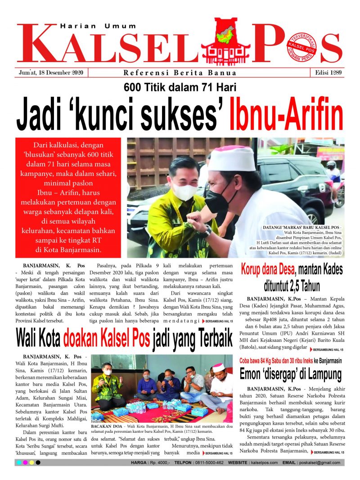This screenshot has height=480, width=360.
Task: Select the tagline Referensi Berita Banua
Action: tap(180, 73)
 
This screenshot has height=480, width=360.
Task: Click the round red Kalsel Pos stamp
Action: tap(301, 46)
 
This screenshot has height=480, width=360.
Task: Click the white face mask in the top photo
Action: tap(185, 191)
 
